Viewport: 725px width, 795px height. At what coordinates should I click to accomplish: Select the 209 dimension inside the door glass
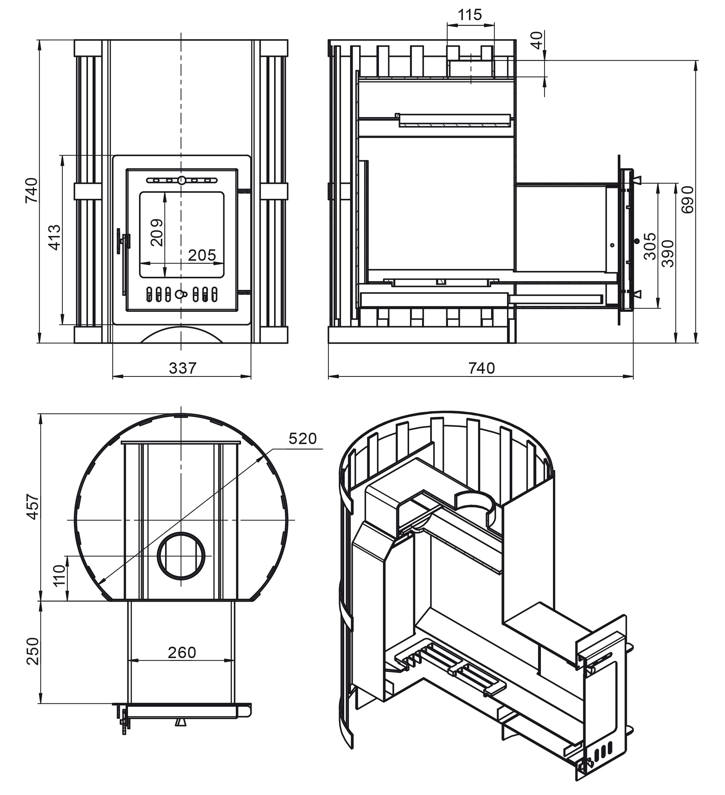click(x=157, y=232)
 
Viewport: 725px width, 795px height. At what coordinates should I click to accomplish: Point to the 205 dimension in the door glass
click(x=202, y=255)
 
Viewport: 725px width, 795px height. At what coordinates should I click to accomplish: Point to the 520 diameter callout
click(x=302, y=438)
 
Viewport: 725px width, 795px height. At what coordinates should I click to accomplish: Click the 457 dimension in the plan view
click(x=33, y=507)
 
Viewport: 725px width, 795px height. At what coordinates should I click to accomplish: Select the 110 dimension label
click(x=59, y=576)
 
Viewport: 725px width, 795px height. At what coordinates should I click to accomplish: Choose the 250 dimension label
click(x=33, y=651)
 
